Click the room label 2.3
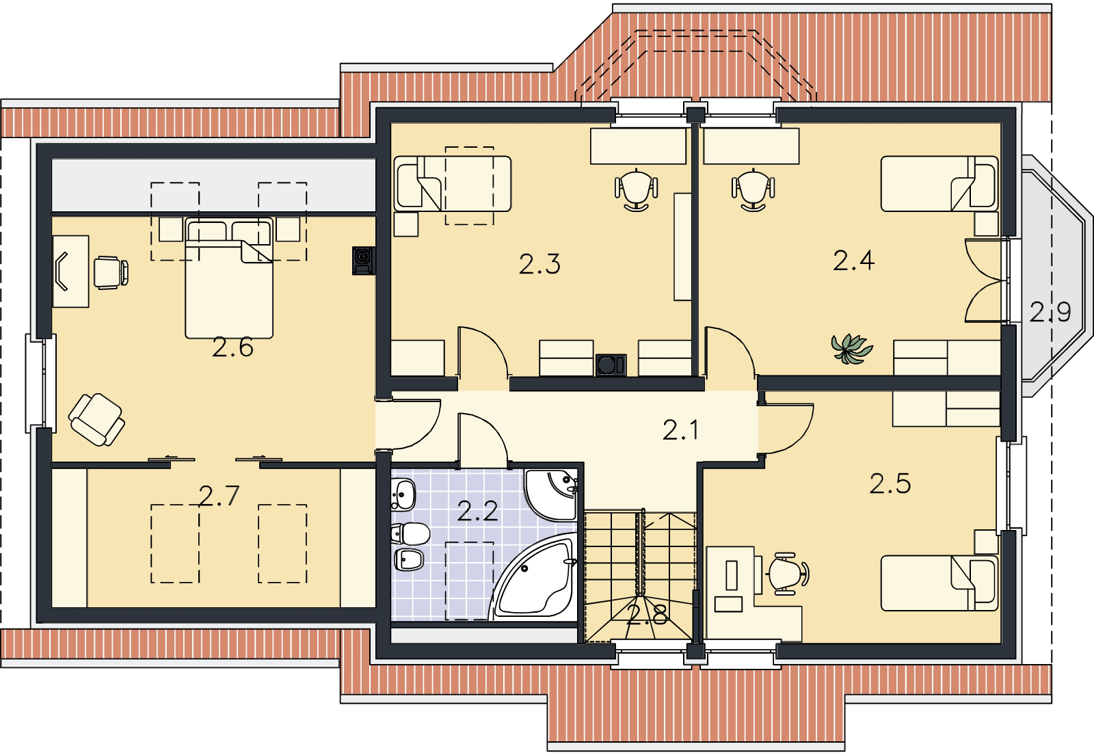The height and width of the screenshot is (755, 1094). click(x=539, y=264)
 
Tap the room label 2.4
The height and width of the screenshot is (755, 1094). click(x=854, y=261)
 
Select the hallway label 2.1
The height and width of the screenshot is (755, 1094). click(x=680, y=430)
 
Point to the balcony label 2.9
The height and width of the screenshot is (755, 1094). click(x=1050, y=312)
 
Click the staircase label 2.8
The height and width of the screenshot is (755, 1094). click(x=648, y=614)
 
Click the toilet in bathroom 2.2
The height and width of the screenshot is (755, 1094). click(x=410, y=533)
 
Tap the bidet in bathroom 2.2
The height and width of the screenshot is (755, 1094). click(x=408, y=559)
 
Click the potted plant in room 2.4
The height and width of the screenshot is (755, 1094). click(x=851, y=348)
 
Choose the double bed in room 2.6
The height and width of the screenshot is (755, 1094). click(x=229, y=278)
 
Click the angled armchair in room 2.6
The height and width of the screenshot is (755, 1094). click(x=96, y=420)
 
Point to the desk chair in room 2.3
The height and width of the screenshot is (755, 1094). click(x=637, y=189)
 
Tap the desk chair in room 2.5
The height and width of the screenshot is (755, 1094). click(x=787, y=574)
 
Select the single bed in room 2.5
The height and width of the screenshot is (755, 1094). click(x=939, y=583)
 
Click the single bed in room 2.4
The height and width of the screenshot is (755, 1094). click(x=939, y=184)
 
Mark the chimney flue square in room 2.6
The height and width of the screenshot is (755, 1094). click(x=364, y=261)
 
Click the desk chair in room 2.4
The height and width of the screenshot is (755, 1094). click(x=753, y=189)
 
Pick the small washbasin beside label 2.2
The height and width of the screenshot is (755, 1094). click(x=403, y=494)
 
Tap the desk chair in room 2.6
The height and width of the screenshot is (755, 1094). click(x=111, y=272)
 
